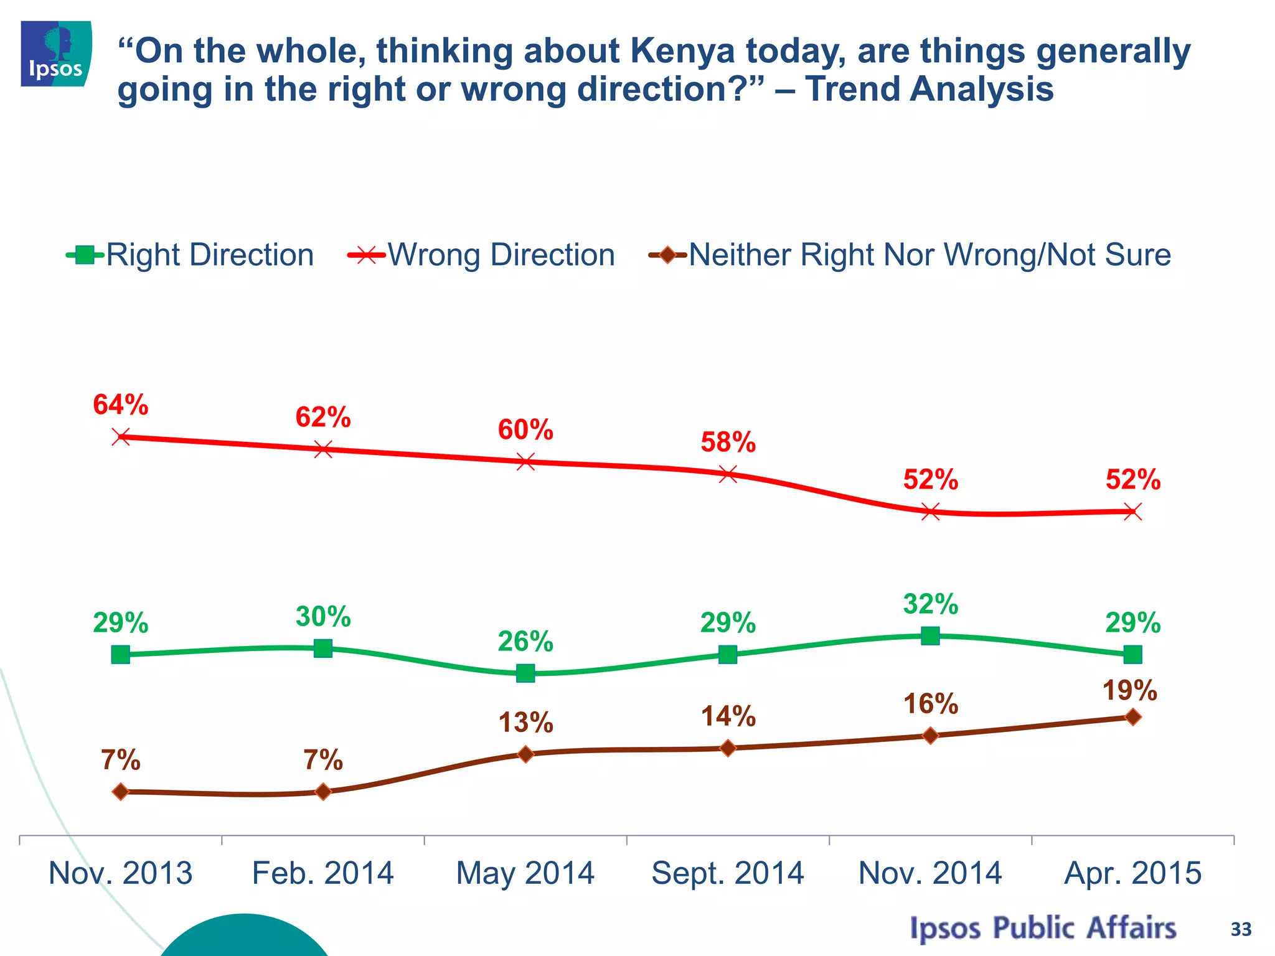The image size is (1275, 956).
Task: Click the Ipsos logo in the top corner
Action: pos(56,54)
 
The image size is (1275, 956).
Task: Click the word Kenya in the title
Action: pos(682,51)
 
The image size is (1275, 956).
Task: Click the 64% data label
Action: pos(121,405)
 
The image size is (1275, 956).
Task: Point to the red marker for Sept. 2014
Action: pos(728,474)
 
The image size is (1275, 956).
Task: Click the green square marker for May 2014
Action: pos(525,673)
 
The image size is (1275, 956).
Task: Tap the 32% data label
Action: pos(931,604)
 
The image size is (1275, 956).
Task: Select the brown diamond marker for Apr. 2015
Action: pos(1133,717)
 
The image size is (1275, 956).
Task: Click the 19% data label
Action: pos(1129,691)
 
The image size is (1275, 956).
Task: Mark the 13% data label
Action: pos(525,723)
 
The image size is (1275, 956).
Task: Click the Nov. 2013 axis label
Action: pos(121,873)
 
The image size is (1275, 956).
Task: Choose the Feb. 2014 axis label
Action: pos(322,873)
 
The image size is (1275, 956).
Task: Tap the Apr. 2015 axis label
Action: pos(1132,873)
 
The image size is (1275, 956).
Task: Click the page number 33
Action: pos(1240,929)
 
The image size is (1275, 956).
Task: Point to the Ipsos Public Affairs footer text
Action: pos(1043,928)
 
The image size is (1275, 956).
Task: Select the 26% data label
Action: pos(525,642)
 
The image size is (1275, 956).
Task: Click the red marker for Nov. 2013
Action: pos(121,436)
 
